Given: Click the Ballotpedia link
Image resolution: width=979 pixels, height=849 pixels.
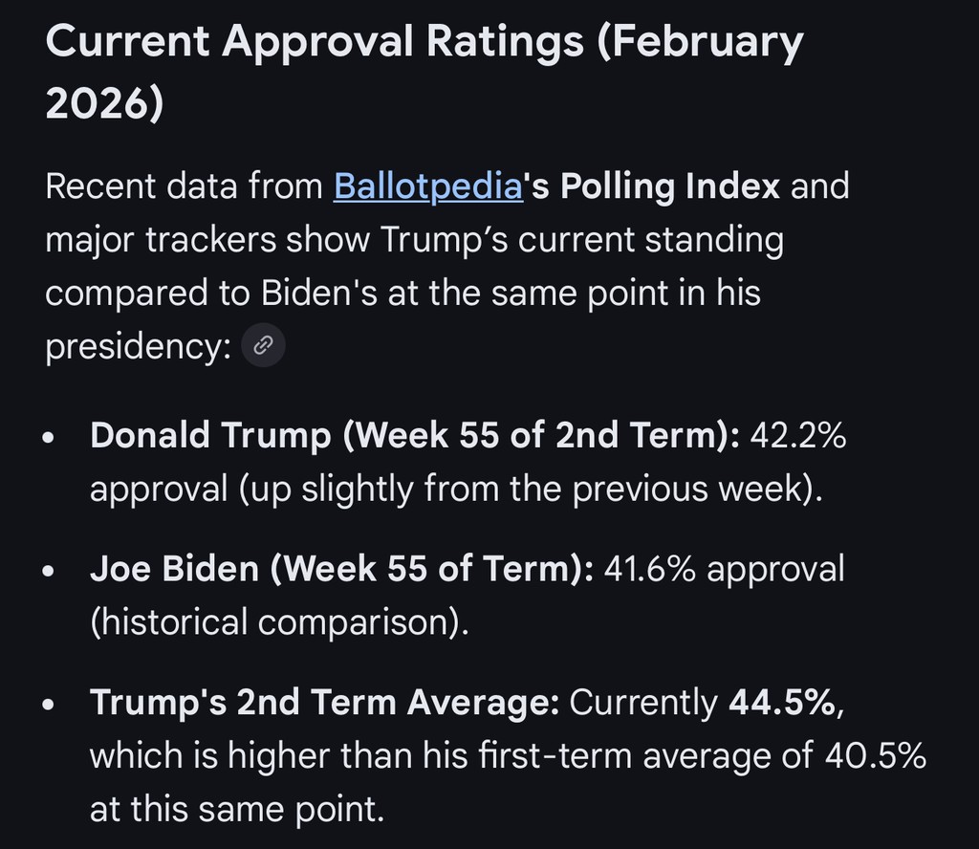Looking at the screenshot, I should tap(427, 185).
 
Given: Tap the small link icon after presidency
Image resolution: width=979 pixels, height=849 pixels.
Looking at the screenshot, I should tap(263, 346).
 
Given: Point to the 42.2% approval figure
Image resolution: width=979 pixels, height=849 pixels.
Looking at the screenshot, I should tap(798, 437).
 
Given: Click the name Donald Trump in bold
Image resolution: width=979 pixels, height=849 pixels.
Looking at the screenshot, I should tap(208, 437).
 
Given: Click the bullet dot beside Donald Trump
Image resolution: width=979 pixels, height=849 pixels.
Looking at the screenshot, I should tap(50, 440).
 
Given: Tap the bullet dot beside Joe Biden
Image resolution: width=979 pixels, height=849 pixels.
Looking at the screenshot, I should tap(50, 572).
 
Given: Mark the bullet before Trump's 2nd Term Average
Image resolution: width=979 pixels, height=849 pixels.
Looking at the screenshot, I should tap(50, 706).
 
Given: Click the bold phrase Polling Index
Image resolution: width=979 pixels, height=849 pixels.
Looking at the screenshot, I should tap(670, 185).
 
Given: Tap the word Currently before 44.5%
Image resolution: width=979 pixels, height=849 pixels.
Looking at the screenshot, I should tap(643, 703).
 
